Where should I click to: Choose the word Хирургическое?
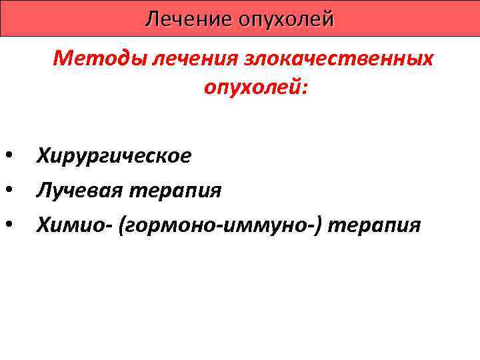(x=114, y=156)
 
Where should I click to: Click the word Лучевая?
(x=77, y=191)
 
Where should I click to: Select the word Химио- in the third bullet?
(x=74, y=225)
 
